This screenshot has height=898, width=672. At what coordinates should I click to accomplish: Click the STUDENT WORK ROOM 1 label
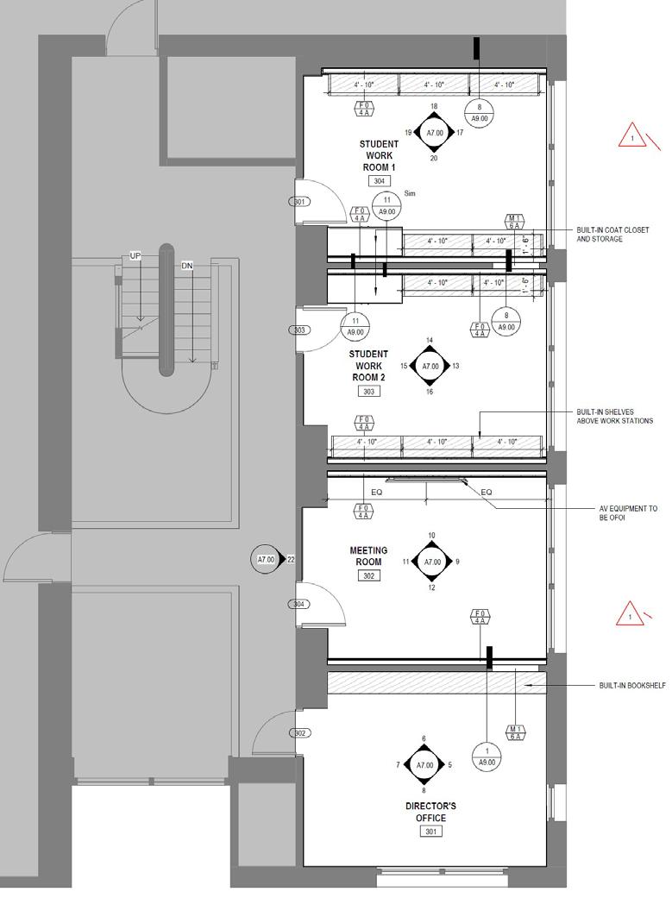379,155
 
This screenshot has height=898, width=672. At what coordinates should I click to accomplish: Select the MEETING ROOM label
368,556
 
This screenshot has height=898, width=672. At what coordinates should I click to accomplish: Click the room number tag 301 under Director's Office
430,832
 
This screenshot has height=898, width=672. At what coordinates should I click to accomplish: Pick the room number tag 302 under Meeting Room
368,575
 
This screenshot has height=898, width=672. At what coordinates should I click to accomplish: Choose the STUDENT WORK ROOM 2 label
368,366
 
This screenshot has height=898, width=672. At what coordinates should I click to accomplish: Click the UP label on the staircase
135,256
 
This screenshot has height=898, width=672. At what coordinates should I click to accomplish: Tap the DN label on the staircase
187,266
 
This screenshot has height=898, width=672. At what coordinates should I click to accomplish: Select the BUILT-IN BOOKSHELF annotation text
632,687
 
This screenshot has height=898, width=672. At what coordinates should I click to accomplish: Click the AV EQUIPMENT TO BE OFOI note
628,513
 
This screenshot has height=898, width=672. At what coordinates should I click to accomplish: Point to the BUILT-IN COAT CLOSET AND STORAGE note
612,235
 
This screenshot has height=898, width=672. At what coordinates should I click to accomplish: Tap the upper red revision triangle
632,136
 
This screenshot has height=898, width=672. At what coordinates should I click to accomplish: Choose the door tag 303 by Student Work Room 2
299,330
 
